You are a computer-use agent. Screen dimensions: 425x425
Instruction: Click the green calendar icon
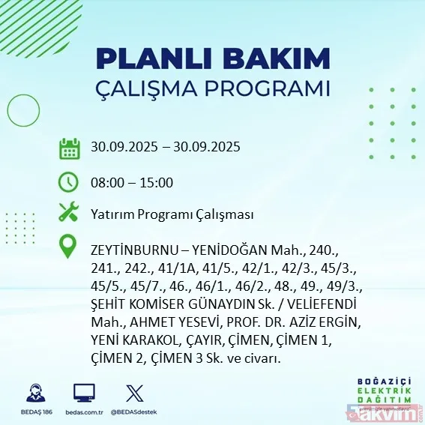[x=70, y=148]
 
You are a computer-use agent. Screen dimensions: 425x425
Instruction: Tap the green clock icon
[x=69, y=182]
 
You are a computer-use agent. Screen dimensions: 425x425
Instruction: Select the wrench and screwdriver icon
[x=69, y=214]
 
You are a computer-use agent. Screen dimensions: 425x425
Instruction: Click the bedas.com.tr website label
[x=84, y=412]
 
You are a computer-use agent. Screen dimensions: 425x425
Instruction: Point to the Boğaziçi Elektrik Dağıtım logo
[x=373, y=383]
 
